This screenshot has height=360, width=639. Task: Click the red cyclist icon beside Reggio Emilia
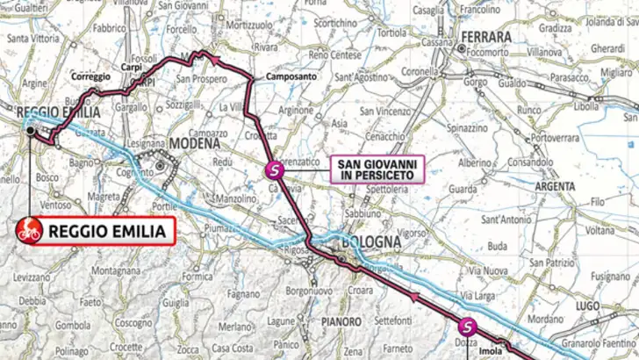(x=29, y=232)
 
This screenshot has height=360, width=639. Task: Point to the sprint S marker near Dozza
(x=466, y=326)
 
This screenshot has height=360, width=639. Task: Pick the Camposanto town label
(x=281, y=79)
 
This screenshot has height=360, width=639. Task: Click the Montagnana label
(x=110, y=270)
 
